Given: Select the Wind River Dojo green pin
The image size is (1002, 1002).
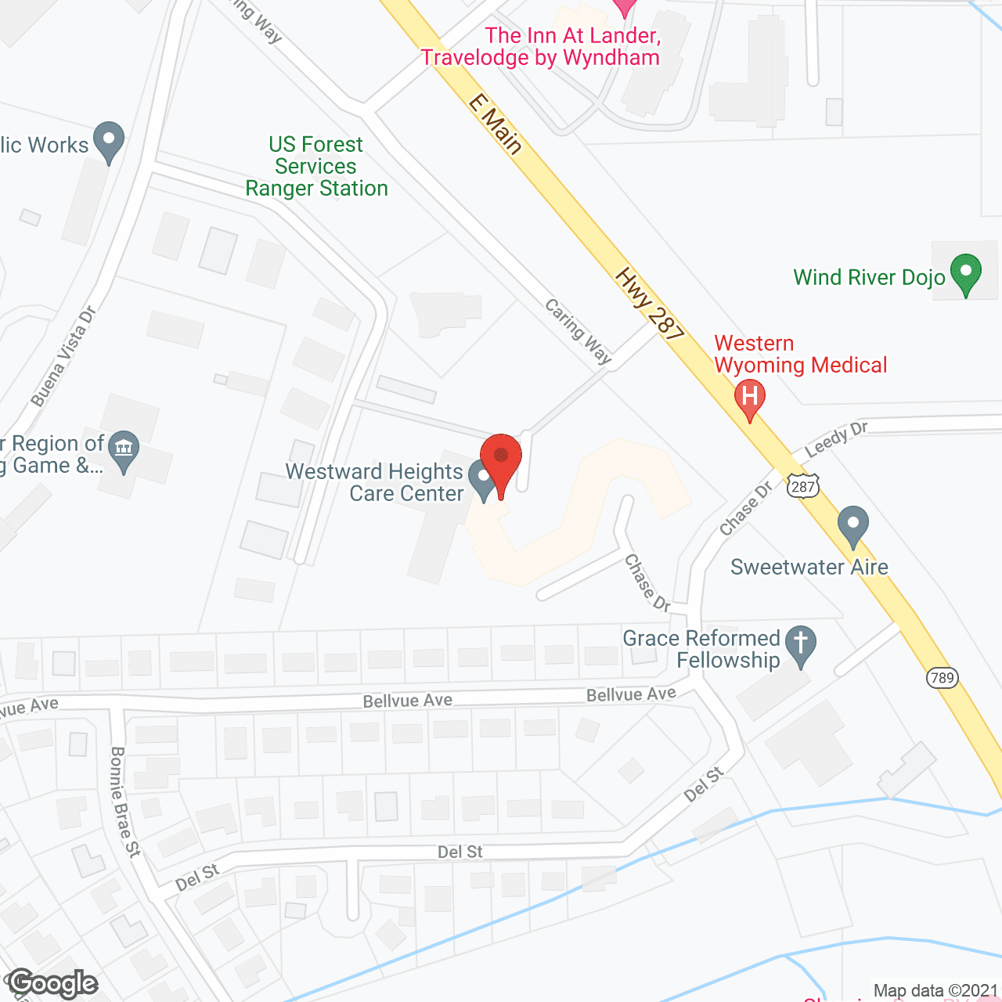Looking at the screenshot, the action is click(x=965, y=273).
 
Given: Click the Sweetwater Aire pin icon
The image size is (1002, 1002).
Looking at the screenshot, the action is click(x=853, y=524).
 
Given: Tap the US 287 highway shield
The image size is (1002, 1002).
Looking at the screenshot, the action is click(x=803, y=485).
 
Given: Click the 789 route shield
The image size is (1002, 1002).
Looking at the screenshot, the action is click(x=943, y=677).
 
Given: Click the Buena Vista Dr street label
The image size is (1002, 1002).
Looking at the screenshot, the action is click(x=63, y=356).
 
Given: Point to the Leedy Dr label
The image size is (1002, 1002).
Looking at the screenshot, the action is click(x=836, y=439).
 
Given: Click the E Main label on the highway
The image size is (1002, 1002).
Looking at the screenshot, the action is click(x=496, y=124).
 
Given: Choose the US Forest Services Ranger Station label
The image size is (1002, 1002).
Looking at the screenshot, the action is click(x=316, y=167).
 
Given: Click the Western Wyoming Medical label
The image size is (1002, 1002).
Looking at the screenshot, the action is click(x=800, y=355).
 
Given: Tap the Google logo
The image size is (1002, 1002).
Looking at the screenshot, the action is click(x=52, y=983).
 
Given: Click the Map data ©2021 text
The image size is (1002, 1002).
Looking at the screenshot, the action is click(x=935, y=991).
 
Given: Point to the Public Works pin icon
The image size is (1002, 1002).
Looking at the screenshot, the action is click(x=109, y=141).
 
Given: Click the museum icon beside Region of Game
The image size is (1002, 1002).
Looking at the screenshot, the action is click(x=124, y=449).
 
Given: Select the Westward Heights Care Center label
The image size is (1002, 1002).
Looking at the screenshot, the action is click(x=374, y=482).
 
